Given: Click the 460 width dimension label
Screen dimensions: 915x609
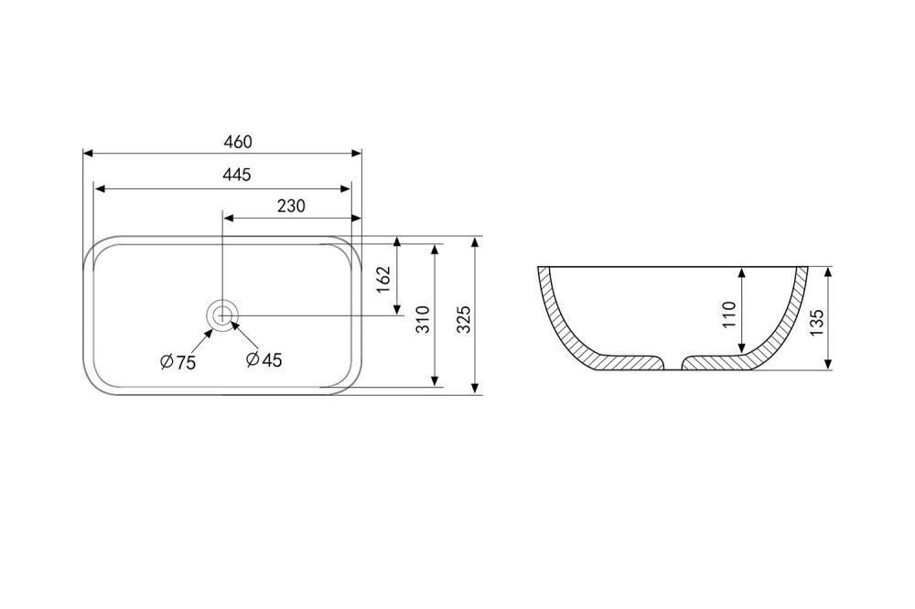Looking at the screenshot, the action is tap(238, 142).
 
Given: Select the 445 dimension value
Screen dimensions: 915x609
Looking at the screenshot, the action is tap(237, 175).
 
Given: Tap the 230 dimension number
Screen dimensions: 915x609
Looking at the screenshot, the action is tap(291, 206).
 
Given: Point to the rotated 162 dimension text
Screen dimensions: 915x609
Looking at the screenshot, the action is tap(382, 280).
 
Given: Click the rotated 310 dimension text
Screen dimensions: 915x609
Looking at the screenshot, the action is tap(423, 320).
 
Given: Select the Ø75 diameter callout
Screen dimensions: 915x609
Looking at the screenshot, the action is tap(178, 362).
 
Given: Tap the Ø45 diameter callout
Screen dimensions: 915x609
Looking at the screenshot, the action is tap(264, 360).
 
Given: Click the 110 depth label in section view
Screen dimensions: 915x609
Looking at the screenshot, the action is tap(730, 315).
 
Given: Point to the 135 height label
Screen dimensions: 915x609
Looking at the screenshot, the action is tap(817, 322).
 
